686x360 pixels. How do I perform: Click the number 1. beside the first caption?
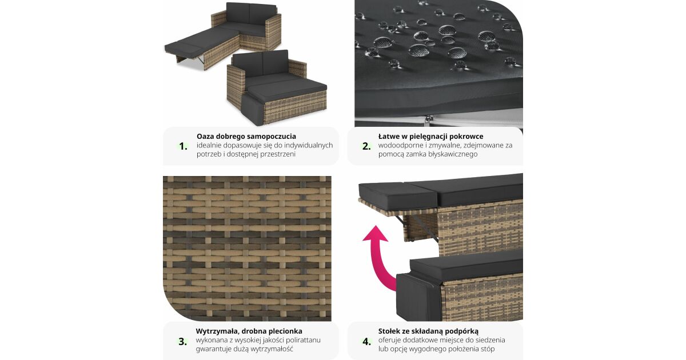pyautogui.click(x=183, y=146)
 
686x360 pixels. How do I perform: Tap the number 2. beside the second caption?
pyautogui.click(x=366, y=146)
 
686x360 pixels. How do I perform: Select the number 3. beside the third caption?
pyautogui.click(x=183, y=341)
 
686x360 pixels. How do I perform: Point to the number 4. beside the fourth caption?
pyautogui.click(x=366, y=341)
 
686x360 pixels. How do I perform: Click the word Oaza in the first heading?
pyautogui.click(x=205, y=136)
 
